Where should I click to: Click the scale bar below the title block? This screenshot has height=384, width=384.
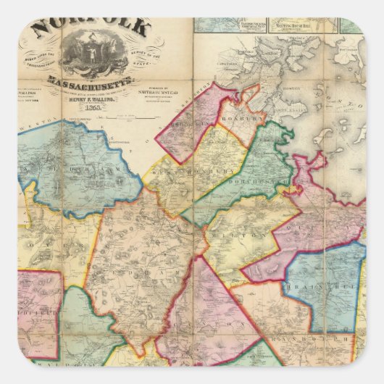pos(145,115)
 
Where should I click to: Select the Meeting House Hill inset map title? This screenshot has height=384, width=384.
pos(301,26)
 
